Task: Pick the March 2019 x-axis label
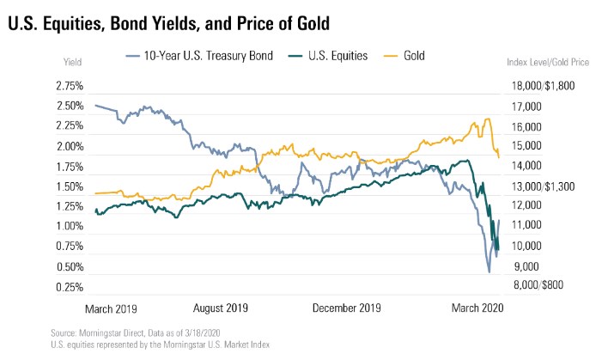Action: pyautogui.click(x=112, y=307)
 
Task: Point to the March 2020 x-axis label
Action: pyautogui.click(x=476, y=307)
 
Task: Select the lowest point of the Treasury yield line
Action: pyautogui.click(x=489, y=272)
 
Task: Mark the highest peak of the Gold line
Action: pyautogui.click(x=488, y=119)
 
